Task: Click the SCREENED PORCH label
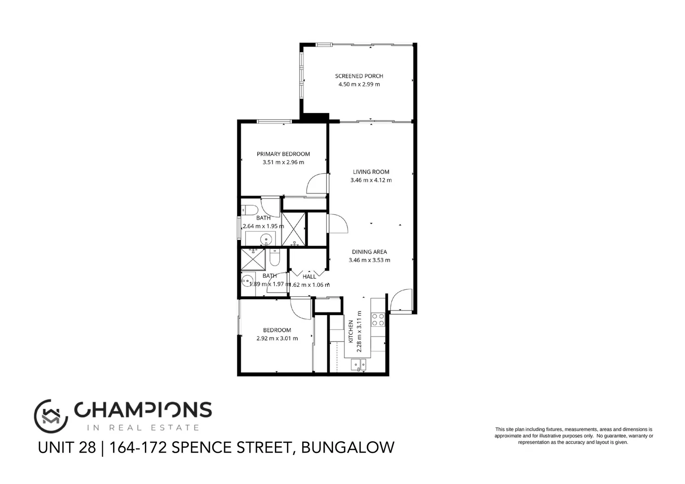359,76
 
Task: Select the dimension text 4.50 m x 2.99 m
359,84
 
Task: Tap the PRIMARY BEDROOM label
283,154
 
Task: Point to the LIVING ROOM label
371,172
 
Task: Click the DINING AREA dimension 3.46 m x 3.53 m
369,260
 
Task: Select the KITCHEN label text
351,332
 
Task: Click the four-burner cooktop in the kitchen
377,319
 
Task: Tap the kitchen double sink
359,365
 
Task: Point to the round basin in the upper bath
266,238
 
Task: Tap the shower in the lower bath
253,260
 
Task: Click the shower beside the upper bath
294,229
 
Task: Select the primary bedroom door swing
317,183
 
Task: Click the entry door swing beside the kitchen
400,300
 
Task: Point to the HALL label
309,277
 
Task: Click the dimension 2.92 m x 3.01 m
277,338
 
